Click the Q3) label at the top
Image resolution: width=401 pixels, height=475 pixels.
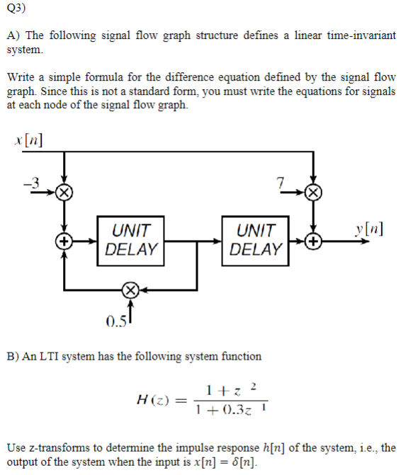16,9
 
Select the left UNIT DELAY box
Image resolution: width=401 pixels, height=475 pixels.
131,241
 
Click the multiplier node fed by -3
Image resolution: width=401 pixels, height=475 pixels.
64,192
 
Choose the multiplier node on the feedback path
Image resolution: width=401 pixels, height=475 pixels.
130,288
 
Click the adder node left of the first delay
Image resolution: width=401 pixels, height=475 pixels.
64,241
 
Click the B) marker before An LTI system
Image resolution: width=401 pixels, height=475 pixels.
13,356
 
